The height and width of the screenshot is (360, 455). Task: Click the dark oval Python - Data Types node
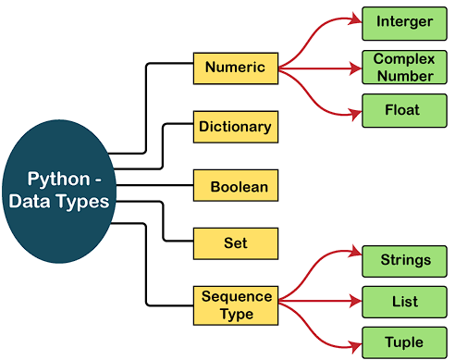[58, 189]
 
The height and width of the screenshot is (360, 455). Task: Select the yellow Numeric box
[235, 68]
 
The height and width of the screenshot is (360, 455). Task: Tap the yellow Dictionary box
[235, 127]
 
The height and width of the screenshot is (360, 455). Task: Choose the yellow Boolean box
[235, 186]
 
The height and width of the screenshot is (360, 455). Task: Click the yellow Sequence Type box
[237, 304]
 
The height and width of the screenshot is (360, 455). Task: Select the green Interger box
[404, 20]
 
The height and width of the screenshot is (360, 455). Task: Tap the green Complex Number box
[404, 66]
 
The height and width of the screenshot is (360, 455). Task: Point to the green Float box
[404, 110]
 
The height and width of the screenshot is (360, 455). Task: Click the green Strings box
[404, 259]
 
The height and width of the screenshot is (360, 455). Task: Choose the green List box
[404, 302]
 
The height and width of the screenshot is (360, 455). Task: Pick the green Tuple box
[404, 342]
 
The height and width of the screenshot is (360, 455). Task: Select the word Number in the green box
[404, 74]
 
